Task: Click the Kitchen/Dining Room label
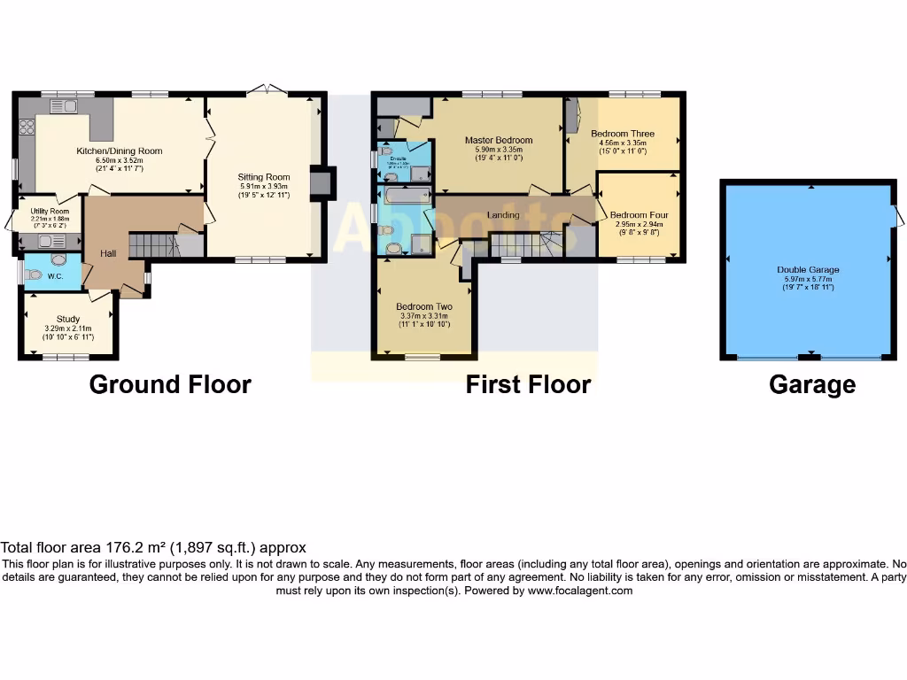pos(119,151)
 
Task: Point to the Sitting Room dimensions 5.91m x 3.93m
pos(264,186)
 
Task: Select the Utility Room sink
pos(45,239)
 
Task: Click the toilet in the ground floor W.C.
pos(34,274)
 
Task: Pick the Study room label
pos(68,319)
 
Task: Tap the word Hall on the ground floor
pos(108,254)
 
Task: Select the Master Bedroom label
pos(499,140)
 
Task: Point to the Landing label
pos(502,215)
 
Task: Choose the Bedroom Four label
pos(639,215)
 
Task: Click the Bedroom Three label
pos(623,134)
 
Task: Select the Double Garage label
pos(808,270)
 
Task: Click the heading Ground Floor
pos(170,384)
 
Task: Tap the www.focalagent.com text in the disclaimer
pos(579,591)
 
